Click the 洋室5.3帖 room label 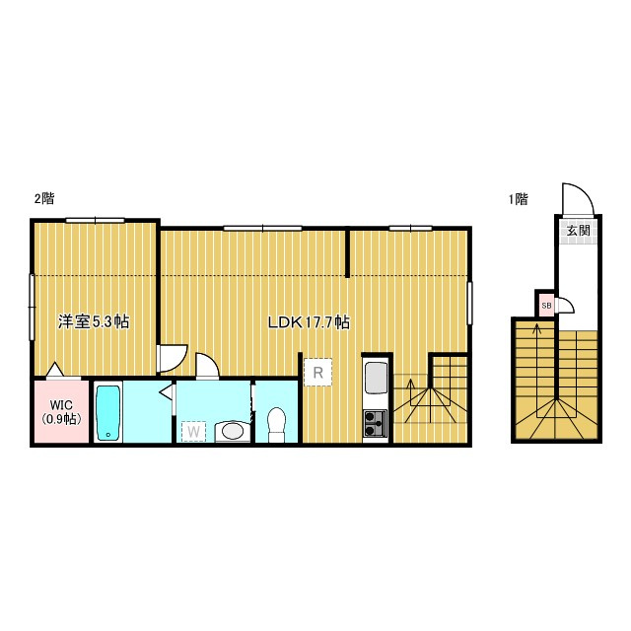click(x=94, y=321)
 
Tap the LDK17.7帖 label click(x=309, y=322)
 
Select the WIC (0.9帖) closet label click(x=61, y=412)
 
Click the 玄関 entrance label click(x=579, y=231)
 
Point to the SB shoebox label click(x=546, y=306)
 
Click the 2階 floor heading click(x=44, y=198)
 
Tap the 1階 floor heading click(x=518, y=199)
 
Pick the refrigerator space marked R click(x=317, y=373)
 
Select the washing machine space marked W click(x=193, y=432)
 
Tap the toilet click(x=276, y=425)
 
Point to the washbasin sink click(x=233, y=432)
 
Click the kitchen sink click(x=375, y=379)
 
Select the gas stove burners click(x=375, y=424)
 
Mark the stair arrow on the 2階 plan click(x=410, y=392)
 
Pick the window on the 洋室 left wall click(x=32, y=308)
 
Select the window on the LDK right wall click(x=469, y=303)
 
